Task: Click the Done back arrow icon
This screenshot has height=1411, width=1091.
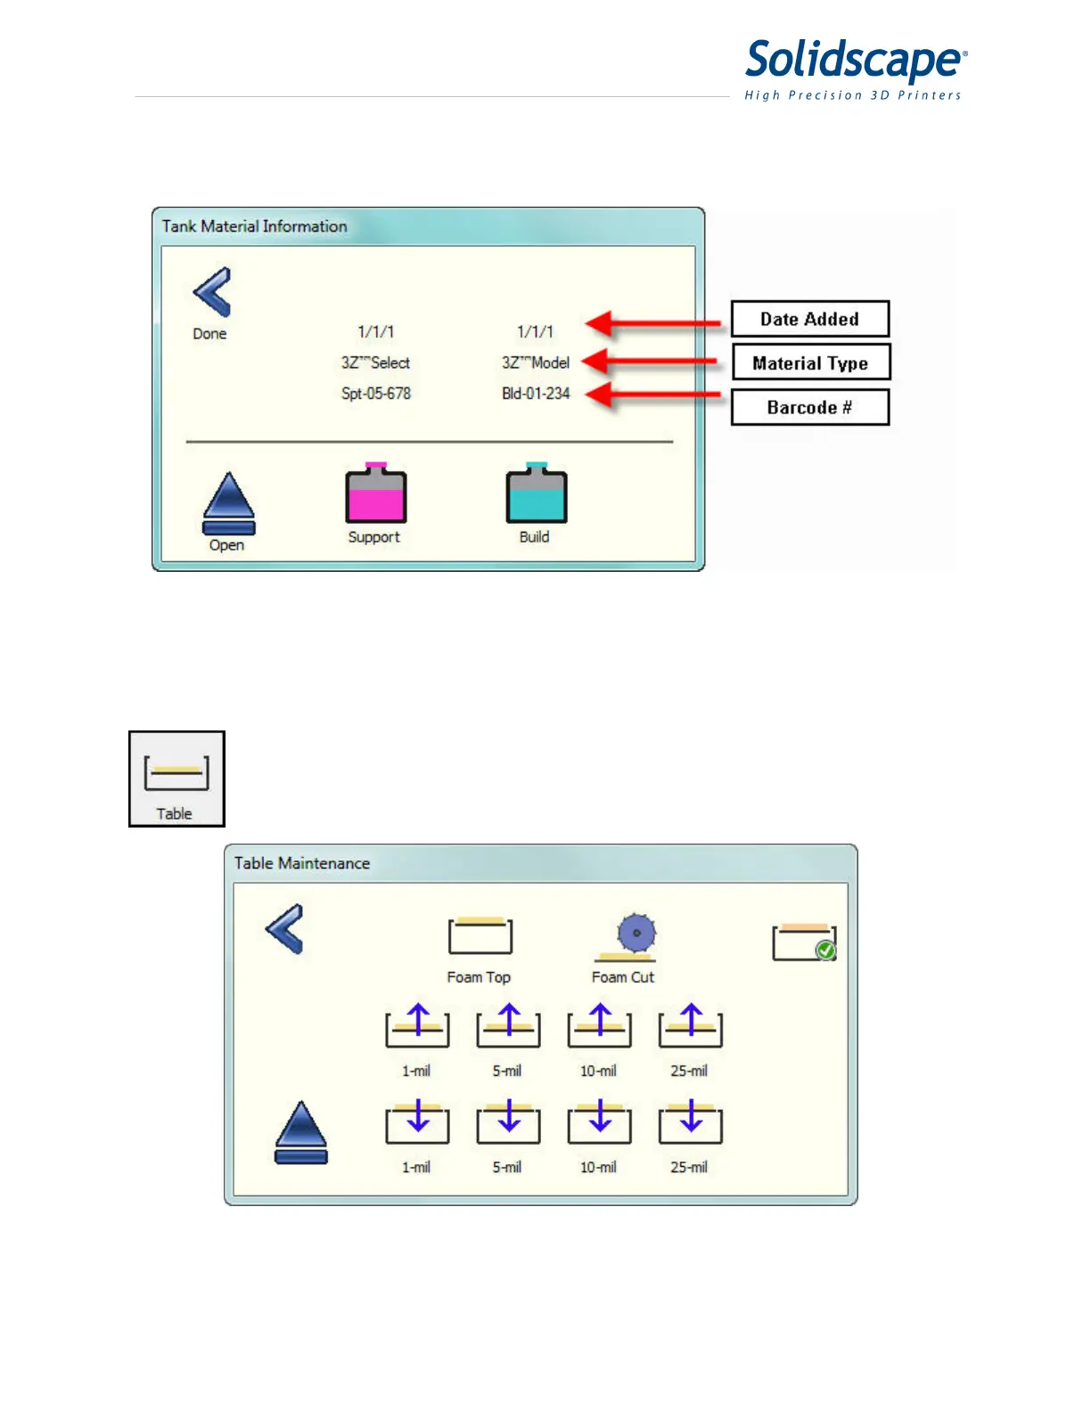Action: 212,292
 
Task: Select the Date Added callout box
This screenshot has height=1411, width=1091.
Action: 810,319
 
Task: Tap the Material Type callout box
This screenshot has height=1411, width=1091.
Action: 810,363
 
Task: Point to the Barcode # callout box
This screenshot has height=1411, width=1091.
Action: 810,407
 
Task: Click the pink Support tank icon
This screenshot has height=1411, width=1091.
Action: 376,493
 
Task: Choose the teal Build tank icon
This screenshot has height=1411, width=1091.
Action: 536,493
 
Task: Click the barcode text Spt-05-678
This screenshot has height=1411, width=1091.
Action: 376,393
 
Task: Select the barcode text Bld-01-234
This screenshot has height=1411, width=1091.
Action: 536,393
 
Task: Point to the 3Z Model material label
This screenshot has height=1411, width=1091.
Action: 536,363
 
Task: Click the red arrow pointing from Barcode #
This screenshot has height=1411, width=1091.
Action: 655,394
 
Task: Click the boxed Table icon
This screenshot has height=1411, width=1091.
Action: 176,779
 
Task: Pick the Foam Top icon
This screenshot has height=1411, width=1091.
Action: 480,936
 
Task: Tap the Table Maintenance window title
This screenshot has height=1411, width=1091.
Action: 302,863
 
